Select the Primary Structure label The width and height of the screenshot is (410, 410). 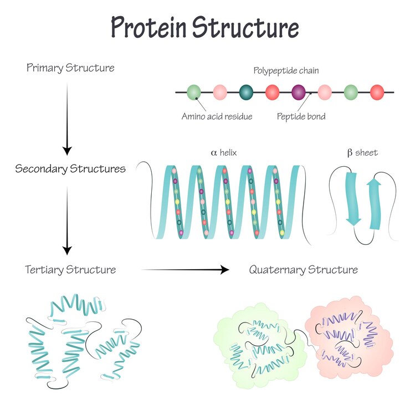pyautogui.click(x=70, y=68)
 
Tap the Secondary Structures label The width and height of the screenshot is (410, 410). pyautogui.click(x=70, y=168)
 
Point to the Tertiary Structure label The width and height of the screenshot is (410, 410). pyautogui.click(x=70, y=270)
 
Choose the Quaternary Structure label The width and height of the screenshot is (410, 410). pyautogui.click(x=303, y=270)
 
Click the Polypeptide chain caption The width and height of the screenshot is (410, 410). pyautogui.click(x=286, y=70)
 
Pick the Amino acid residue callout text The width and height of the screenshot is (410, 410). pyautogui.click(x=217, y=117)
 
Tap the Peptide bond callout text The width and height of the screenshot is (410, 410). pyautogui.click(x=301, y=117)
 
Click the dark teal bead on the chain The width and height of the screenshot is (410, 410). pyautogui.click(x=246, y=92)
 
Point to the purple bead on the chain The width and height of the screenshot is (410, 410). pyautogui.click(x=299, y=92)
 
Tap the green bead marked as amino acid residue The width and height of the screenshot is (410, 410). pyautogui.click(x=194, y=92)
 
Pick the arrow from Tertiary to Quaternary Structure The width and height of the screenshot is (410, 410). pyautogui.click(x=185, y=270)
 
